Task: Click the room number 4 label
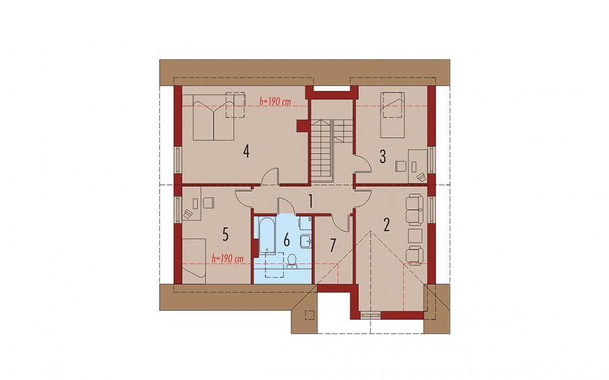[246, 151]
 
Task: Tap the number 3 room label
[382, 157]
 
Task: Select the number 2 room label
[386, 225]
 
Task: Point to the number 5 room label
[225, 234]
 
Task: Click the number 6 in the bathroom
[286, 240]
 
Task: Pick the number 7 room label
[332, 245]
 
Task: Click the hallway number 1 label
[310, 201]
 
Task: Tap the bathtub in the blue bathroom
[267, 234]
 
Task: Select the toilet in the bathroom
[292, 260]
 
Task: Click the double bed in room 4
[214, 117]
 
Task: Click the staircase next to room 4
[321, 151]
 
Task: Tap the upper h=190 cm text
[275, 102]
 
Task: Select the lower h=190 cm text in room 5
[227, 258]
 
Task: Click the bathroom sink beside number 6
[305, 241]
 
